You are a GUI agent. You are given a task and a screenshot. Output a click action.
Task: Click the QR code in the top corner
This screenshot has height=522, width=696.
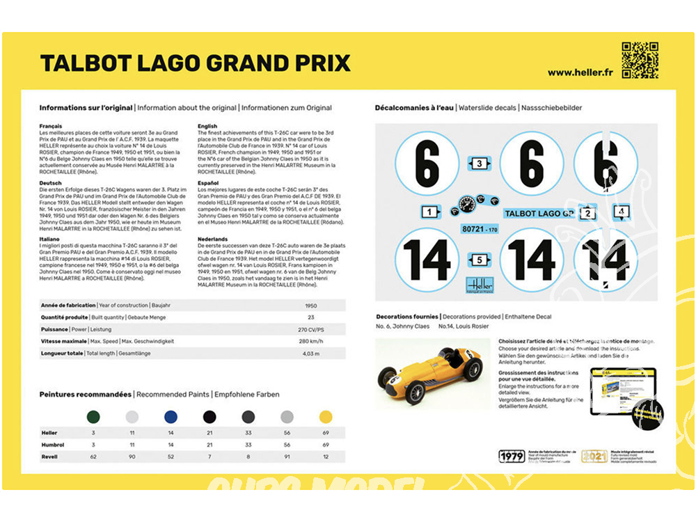click(640, 60)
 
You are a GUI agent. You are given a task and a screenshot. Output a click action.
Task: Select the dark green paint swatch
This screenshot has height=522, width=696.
click(93, 416)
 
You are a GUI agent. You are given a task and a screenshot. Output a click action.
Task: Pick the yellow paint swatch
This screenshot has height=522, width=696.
click(326, 416)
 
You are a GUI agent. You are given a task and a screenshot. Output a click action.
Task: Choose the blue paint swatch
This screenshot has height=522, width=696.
click(171, 416)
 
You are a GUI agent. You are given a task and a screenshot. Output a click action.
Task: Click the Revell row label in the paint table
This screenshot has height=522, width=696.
click(50, 457)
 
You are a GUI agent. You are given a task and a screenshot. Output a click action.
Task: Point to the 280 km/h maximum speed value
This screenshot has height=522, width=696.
click(311, 341)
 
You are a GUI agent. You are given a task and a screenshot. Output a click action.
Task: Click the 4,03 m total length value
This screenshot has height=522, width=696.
click(311, 354)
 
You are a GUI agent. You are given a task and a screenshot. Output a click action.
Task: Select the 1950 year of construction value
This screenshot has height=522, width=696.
click(311, 306)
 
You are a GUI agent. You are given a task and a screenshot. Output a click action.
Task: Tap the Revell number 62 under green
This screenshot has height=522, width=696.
click(93, 457)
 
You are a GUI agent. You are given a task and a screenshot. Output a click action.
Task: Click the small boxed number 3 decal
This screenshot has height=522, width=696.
click(480, 164)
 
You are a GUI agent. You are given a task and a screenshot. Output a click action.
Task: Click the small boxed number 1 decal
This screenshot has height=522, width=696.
click(430, 212)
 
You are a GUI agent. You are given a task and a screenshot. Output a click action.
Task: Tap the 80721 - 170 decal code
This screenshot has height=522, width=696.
click(480, 228)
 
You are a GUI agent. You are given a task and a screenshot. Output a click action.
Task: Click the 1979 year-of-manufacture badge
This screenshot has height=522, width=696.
click(512, 457)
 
